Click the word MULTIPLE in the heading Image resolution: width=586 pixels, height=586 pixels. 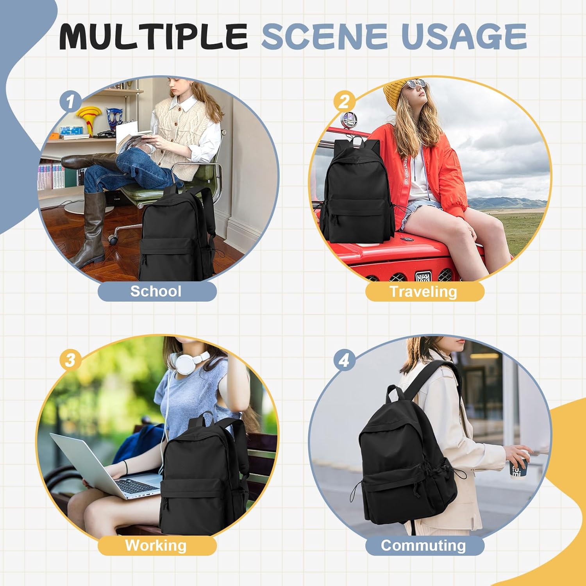tap(154, 36)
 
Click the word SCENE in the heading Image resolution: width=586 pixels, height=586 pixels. tap(325, 36)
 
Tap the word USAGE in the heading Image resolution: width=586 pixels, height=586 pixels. tap(464, 36)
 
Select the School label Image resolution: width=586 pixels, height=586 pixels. tap(157, 291)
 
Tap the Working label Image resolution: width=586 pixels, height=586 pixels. tap(157, 545)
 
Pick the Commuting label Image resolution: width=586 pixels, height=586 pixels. tap(424, 545)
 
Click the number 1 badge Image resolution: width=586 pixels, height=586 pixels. tap(70, 102)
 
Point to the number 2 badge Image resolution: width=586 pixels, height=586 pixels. tap(344, 102)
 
